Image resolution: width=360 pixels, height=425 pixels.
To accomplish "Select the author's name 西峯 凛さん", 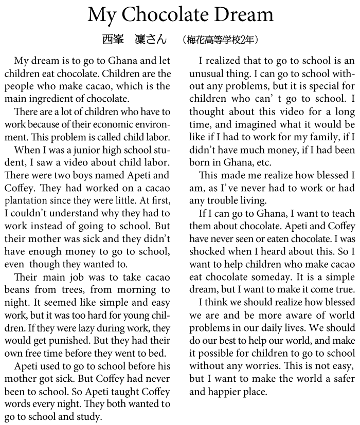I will click(134, 40).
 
